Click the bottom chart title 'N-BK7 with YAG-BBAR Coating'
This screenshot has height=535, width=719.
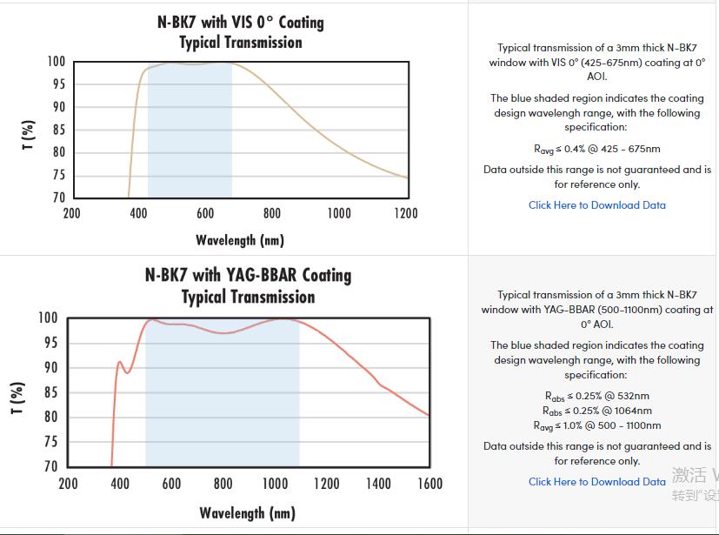[x=248, y=276]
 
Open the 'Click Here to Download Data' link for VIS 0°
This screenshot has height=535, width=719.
[x=596, y=205]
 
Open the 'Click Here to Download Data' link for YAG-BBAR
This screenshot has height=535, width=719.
[x=596, y=481]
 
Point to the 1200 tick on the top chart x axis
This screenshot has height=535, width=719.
[x=406, y=214]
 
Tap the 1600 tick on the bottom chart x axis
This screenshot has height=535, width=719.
[x=429, y=484]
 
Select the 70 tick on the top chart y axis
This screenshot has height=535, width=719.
[x=57, y=197]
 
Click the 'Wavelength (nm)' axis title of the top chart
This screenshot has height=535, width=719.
[x=240, y=240]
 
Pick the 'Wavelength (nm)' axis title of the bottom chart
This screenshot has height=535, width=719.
[x=248, y=512]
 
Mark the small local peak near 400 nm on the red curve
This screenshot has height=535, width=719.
[x=120, y=362]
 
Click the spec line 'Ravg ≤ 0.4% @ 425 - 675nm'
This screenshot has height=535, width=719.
[x=596, y=150]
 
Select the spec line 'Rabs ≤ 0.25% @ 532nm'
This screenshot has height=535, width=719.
[x=596, y=397]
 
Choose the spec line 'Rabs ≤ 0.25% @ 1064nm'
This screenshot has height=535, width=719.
[x=596, y=411]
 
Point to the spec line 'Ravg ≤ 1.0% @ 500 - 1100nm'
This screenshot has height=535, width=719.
[x=596, y=425]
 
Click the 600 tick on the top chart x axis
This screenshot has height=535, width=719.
[x=205, y=214]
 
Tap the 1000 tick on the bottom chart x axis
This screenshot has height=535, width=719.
[x=275, y=484]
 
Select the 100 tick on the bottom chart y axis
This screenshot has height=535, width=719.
[x=47, y=318]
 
